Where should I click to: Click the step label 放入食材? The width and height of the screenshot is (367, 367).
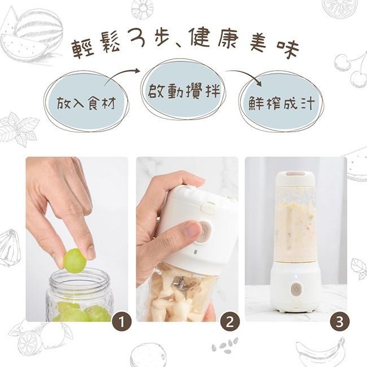86,103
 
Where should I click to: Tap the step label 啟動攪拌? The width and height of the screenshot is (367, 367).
184,90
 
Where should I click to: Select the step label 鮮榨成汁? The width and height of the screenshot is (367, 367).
281,103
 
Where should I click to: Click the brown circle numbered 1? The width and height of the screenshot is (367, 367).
122,322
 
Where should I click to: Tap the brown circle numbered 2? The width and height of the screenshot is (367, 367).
230,322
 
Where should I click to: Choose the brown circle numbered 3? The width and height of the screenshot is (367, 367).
339,322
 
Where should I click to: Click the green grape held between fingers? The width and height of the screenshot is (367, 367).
75,261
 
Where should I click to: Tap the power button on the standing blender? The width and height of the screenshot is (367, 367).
296,289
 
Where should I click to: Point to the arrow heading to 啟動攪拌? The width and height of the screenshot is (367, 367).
121,75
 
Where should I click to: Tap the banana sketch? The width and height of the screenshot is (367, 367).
321,351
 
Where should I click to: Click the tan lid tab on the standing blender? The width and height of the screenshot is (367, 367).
296,174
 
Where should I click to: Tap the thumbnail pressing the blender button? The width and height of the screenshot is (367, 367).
192,229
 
